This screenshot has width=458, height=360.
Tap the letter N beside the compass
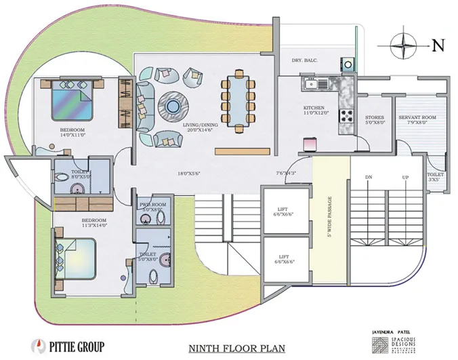tap(438, 46)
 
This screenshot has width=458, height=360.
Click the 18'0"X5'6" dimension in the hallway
tap(192, 174)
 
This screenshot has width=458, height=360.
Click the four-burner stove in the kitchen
tap(348, 115)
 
